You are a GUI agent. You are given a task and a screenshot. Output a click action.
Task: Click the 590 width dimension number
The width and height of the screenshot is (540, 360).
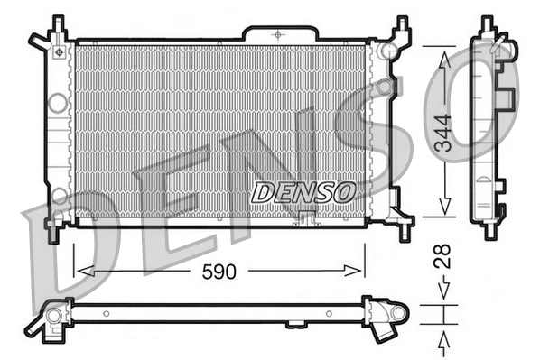click(x=218, y=272)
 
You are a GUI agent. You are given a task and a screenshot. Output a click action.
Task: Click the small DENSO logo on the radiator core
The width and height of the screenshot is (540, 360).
click(x=303, y=192)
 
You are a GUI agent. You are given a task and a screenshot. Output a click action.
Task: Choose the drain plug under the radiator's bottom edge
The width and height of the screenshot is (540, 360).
click(x=306, y=217)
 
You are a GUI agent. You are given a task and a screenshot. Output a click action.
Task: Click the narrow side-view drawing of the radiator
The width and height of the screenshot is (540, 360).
click(x=489, y=126)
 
